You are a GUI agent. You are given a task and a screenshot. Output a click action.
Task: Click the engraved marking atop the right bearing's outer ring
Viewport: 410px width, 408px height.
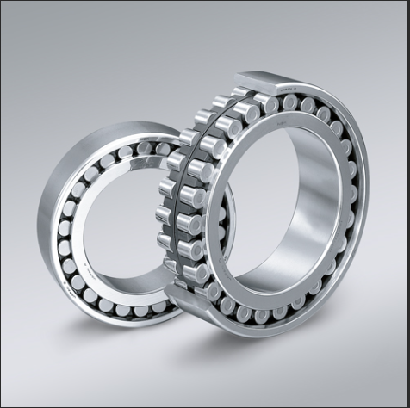pyautogui.click(x=284, y=84)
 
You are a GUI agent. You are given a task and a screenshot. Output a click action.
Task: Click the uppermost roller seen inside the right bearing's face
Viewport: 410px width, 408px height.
pyautogui.click(x=290, y=102)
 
